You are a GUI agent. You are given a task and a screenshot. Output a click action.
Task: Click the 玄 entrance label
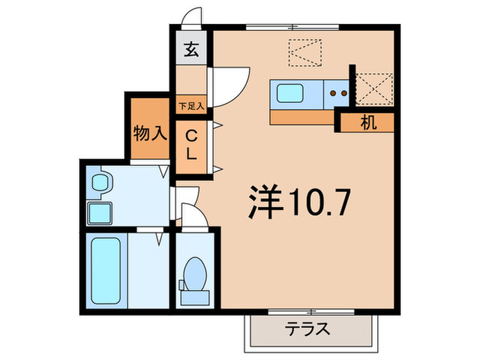click(x=191, y=49)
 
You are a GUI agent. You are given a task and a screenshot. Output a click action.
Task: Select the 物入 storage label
click(x=149, y=132)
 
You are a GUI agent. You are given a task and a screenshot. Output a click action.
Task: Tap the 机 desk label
click(x=368, y=123)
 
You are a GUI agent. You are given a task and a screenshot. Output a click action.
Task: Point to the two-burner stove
click(x=338, y=92)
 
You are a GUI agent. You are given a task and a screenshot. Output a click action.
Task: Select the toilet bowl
click(x=194, y=273)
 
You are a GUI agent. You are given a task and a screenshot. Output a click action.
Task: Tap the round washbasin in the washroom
click(x=101, y=183)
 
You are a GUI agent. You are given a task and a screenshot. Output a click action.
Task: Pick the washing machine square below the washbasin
click(x=101, y=213)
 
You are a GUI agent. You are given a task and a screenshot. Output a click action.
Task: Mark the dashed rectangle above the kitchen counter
click(x=304, y=52)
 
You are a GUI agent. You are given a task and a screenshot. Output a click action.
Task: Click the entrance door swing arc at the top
click(x=193, y=17)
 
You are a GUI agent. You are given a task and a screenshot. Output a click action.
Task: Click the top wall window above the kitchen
click(x=293, y=27)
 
